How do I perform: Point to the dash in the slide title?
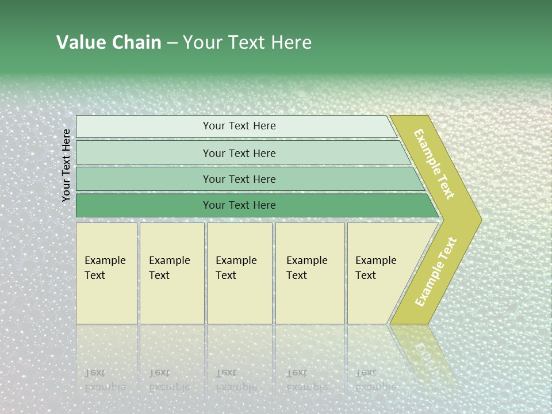[172, 43]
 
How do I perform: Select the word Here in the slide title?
[291, 43]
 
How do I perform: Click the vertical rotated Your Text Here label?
[67, 165]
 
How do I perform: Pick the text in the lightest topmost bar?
[239, 126]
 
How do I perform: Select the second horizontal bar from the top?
[239, 153]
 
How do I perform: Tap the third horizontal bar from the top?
[239, 179]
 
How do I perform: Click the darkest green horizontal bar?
[239, 205]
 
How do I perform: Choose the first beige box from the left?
[106, 273]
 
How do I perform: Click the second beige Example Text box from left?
[171, 273]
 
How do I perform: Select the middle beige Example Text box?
[239, 273]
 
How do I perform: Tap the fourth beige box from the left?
[309, 273]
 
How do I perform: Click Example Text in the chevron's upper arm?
[434, 164]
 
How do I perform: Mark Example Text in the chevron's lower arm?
[435, 272]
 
